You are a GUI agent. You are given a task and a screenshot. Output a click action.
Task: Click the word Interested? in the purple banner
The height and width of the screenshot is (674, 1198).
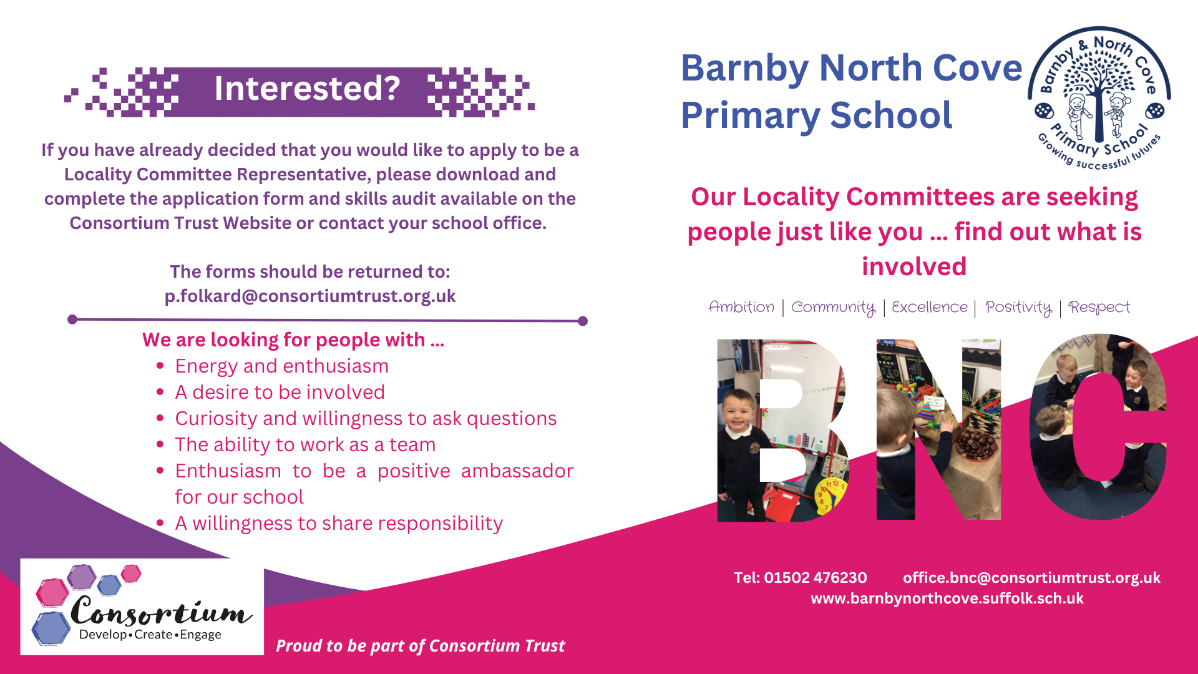307,89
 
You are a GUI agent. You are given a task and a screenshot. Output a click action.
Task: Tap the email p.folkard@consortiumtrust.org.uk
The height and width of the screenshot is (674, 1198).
310,296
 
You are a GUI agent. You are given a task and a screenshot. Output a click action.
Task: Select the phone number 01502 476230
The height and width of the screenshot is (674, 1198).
816,577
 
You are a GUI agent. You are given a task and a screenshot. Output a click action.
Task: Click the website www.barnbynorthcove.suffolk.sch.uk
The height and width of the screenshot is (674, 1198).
947,598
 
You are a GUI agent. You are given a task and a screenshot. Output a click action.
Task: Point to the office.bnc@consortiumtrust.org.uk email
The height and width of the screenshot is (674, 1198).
1031,577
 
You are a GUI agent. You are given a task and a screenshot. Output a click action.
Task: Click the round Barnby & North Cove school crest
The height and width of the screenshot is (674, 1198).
1099,98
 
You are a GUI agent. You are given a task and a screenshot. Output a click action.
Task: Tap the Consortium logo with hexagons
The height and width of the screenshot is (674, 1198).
142,606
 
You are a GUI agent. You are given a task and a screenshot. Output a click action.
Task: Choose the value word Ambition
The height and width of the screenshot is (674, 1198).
741,307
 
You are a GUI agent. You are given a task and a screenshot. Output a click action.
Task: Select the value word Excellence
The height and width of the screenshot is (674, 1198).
930,307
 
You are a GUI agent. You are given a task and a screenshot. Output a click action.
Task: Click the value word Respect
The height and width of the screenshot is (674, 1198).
1099,308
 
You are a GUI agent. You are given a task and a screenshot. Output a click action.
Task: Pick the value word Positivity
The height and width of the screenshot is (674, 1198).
1018,308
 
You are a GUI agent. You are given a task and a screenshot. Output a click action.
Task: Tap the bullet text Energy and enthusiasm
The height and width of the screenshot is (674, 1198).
282,366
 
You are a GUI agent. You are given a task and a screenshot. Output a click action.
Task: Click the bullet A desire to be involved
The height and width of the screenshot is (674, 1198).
280,392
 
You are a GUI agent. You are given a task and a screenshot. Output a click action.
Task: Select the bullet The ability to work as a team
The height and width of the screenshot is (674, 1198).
305,444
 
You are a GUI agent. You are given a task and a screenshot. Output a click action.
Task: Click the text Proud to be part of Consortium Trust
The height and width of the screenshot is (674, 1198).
421,646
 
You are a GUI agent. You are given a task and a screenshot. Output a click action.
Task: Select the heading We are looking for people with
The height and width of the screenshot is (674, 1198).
293,339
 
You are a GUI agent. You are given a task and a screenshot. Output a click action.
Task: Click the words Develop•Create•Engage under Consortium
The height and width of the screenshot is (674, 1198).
150,634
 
